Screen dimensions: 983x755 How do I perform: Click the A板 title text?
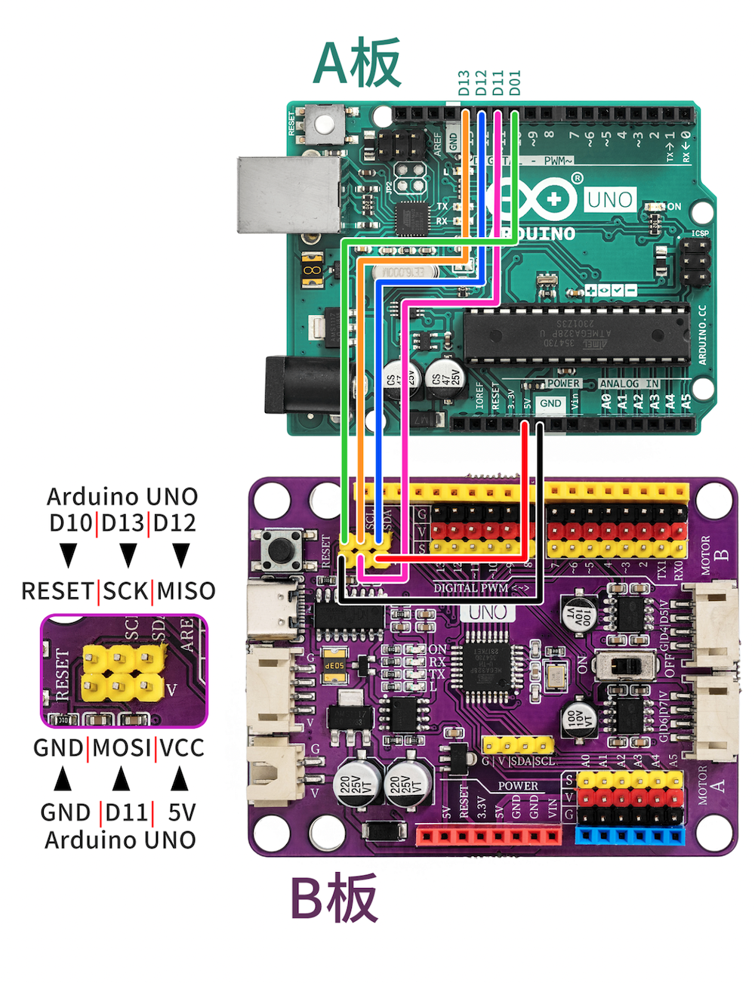[x=356, y=63]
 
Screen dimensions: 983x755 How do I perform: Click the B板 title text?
[x=334, y=898]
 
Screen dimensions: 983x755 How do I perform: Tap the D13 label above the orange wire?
[x=464, y=83]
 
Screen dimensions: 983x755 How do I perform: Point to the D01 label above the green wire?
[x=515, y=83]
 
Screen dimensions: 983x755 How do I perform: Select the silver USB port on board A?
[x=289, y=194]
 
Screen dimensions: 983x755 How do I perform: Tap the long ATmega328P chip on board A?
[x=576, y=332]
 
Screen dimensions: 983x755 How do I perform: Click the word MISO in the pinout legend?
[x=186, y=591]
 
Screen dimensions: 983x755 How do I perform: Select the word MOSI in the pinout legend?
[x=122, y=748]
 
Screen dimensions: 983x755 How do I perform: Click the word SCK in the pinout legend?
[x=126, y=591]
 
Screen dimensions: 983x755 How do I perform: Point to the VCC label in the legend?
[x=182, y=748]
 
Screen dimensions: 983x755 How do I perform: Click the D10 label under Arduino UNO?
[x=71, y=523]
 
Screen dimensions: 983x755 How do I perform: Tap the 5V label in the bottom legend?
[x=182, y=813]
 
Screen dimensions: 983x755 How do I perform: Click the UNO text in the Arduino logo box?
[x=610, y=200]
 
